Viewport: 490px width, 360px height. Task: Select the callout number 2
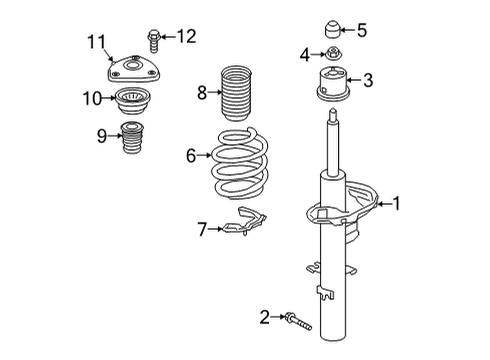(264, 317)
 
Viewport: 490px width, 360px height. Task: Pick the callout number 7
(203, 229)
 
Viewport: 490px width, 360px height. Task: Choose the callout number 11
(95, 41)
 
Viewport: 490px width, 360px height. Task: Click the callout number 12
(187, 36)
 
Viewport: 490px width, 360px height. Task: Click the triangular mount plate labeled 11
(133, 71)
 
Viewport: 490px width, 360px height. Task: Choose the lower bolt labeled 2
(297, 322)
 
